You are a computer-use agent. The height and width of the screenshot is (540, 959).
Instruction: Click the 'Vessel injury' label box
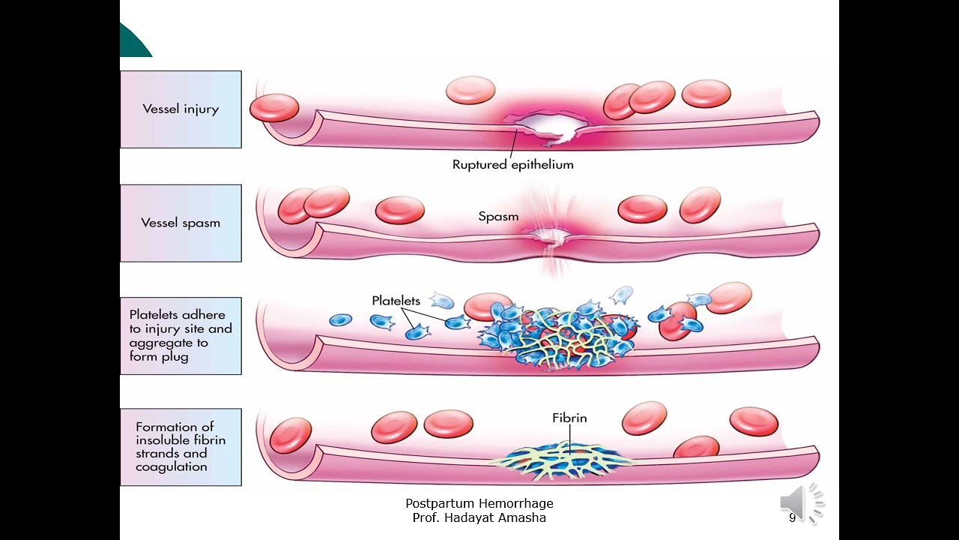coord(181,109)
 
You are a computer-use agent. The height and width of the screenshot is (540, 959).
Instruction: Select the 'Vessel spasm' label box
coord(181,223)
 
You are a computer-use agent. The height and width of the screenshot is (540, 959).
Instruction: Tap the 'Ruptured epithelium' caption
coord(512,165)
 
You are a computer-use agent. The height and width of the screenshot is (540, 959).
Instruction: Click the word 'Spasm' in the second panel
coord(498,217)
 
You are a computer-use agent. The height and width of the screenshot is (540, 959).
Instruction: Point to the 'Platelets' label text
coord(396,301)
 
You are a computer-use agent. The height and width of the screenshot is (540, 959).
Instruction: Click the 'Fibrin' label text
coord(569,418)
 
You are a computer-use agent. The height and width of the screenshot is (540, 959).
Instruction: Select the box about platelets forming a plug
coord(181,335)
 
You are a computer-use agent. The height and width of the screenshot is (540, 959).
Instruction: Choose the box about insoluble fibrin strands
coord(181,447)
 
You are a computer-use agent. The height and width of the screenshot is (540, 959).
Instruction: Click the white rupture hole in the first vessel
coord(548,126)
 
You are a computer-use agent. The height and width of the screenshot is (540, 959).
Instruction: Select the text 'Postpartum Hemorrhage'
coord(479,504)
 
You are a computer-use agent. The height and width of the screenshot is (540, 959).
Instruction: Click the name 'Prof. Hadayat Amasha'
coord(479,517)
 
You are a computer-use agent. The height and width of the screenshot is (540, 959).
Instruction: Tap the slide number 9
coord(792,518)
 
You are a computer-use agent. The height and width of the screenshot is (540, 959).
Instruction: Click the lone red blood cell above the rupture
coord(471,91)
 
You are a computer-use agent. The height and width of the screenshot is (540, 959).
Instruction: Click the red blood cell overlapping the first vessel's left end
coord(273,108)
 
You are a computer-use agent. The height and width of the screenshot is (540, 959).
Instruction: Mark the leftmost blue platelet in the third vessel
coord(340,320)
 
